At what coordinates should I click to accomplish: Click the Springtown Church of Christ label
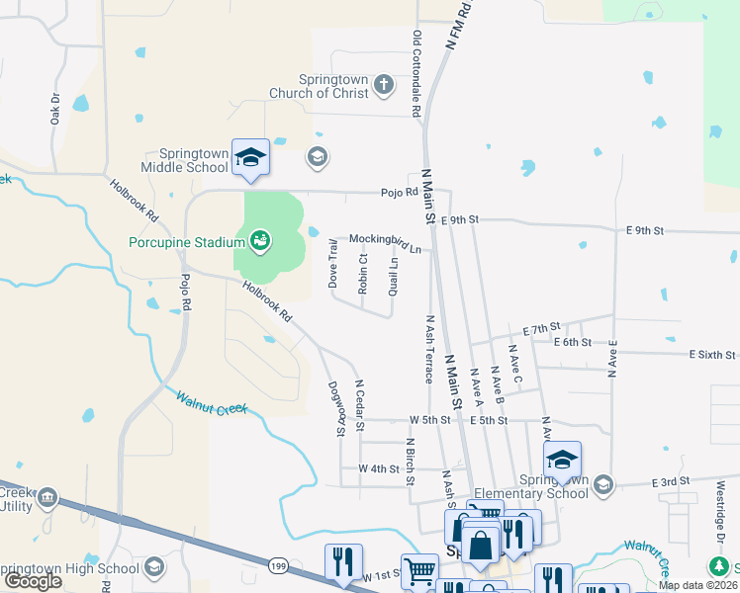[320, 87]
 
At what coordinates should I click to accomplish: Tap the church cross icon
[384, 87]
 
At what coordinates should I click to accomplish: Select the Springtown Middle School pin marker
[250, 159]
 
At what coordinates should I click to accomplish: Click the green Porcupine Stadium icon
[260, 238]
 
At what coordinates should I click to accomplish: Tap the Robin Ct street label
[363, 274]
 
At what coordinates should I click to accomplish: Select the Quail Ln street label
[394, 277]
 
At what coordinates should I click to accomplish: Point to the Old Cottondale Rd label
[416, 74]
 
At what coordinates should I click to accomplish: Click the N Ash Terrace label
[429, 350]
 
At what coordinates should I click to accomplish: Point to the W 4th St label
[378, 467]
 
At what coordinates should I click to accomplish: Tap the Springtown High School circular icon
[153, 566]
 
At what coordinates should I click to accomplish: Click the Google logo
[33, 581]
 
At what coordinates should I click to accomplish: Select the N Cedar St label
[360, 405]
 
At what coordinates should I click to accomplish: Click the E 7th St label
[541, 326]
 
